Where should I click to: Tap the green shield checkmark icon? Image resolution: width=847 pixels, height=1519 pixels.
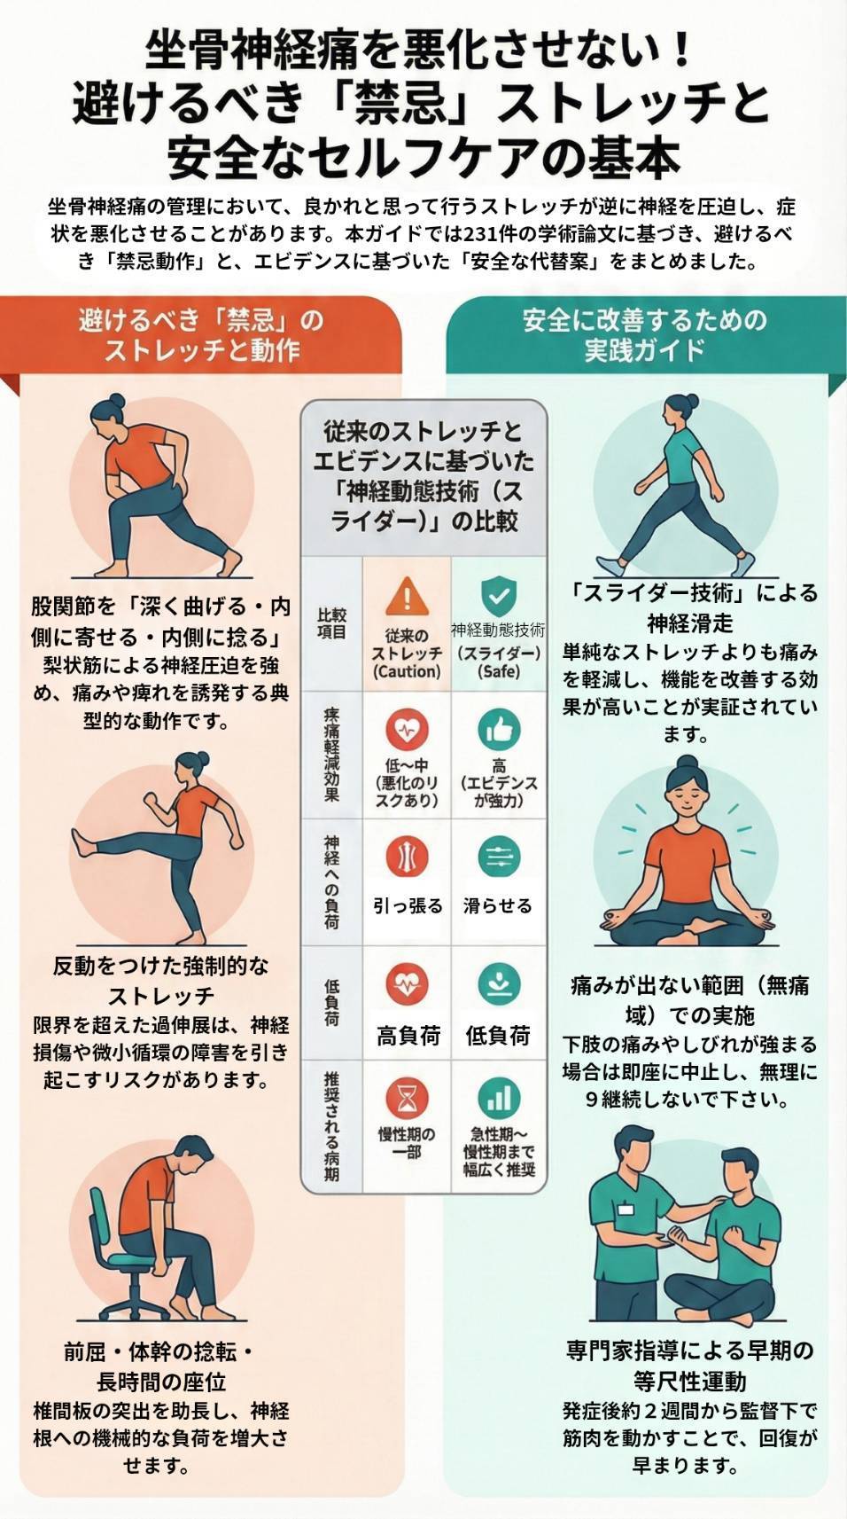(498, 595)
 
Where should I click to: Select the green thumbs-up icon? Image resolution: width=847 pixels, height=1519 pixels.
(498, 730)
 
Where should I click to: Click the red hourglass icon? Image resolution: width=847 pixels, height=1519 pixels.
(407, 1099)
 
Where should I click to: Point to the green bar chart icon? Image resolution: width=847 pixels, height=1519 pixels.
(498, 1099)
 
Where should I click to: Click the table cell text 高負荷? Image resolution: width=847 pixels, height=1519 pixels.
(408, 1035)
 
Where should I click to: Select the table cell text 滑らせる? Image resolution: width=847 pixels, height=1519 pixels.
(498, 906)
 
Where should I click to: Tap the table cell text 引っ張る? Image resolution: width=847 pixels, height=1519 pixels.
(408, 906)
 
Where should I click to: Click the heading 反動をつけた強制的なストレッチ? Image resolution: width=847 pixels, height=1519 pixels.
(160, 980)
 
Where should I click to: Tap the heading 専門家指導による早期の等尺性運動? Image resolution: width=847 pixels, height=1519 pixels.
(689, 1366)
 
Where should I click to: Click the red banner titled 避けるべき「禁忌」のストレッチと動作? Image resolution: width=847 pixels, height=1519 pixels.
(202, 335)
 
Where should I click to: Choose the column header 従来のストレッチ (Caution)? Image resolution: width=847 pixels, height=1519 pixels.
(408, 654)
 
